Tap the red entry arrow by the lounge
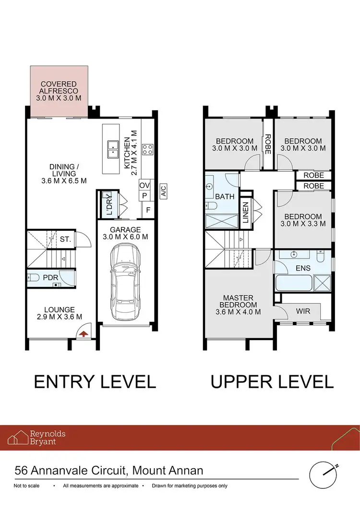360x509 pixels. pos(84,334)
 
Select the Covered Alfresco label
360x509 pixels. pos(59,91)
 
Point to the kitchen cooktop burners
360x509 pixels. pos(147,149)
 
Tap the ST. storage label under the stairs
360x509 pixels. pos(66,239)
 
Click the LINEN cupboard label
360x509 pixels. pos(246,212)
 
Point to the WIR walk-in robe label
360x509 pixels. pos(303,311)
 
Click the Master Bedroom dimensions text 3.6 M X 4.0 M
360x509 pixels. pos(238,311)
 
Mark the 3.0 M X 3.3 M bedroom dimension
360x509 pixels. pos(303,223)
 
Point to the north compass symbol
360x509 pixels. pos(322,474)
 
